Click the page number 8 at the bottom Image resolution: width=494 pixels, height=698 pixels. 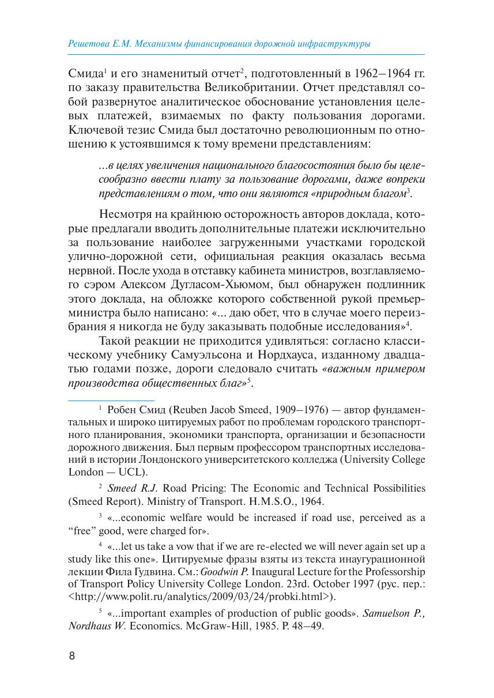coord(72,656)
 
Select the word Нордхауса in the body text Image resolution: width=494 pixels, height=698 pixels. coord(325,353)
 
